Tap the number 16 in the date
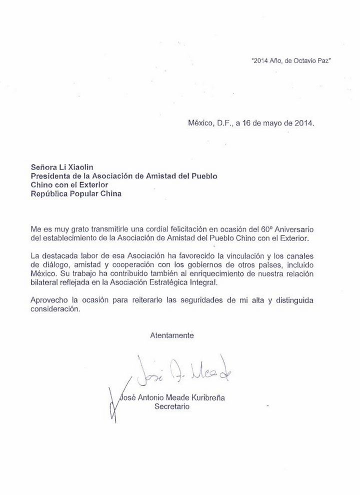coord(246,123)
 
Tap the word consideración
coord(55,309)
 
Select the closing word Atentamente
coord(172,335)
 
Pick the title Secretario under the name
coord(172,407)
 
